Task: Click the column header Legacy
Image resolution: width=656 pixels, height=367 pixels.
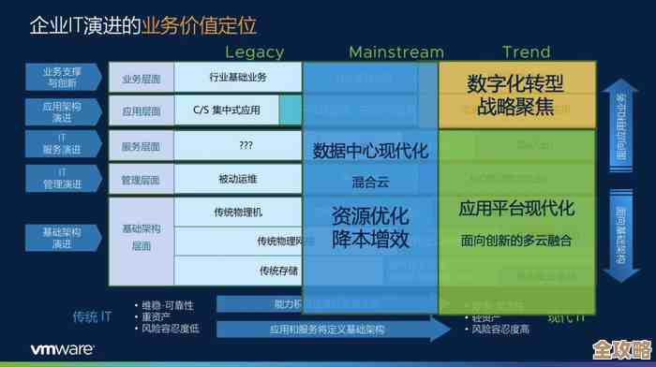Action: coord(254,52)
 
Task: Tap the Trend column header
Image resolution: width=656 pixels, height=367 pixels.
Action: coord(526,52)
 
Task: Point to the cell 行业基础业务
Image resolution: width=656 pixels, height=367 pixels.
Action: coord(237,77)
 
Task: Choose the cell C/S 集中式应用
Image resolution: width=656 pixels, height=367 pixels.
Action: coord(227,110)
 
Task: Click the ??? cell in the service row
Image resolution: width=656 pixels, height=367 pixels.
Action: coord(246,145)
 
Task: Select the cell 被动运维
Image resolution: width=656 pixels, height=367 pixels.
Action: coord(237,179)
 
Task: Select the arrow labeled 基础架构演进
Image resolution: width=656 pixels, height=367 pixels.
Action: coord(62,238)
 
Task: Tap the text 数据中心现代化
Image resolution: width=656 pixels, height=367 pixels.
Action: coord(370,151)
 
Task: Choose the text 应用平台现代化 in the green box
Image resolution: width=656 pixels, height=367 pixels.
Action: coord(516,209)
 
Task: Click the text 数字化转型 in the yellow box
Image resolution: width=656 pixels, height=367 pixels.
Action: coord(516,84)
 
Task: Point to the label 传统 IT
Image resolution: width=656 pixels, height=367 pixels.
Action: coord(93,316)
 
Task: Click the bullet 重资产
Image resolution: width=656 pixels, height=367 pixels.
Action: coord(157,316)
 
